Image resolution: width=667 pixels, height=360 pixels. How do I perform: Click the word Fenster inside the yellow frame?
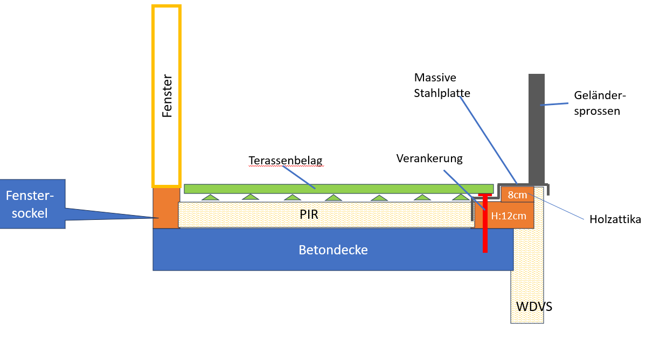[x=167, y=96]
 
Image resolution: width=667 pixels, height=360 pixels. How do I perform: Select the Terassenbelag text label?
[x=286, y=161]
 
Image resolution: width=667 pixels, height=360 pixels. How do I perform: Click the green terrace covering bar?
[x=338, y=189]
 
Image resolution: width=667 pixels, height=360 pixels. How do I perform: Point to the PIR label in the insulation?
[x=309, y=214]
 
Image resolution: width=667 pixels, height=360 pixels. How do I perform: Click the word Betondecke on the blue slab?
[x=333, y=250]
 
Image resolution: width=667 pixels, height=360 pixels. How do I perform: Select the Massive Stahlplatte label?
[x=442, y=85]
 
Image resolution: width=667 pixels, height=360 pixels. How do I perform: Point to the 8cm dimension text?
[x=517, y=195]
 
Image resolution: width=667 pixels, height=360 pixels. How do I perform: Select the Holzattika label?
[x=615, y=219]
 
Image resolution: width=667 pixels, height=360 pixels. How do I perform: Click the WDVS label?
[x=534, y=307]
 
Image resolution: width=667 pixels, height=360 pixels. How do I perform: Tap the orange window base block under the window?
[x=166, y=208]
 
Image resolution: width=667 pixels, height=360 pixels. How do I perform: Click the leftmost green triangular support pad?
[x=210, y=197]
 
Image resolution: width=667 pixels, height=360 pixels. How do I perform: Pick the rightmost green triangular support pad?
[x=461, y=197]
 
